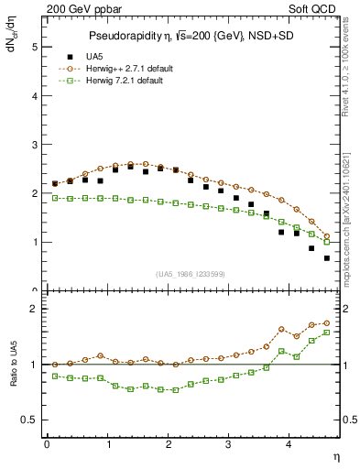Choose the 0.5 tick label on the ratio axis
[31, 420]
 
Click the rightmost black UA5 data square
[327, 258]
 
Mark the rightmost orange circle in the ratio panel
[327, 322]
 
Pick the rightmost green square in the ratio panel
[327, 333]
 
